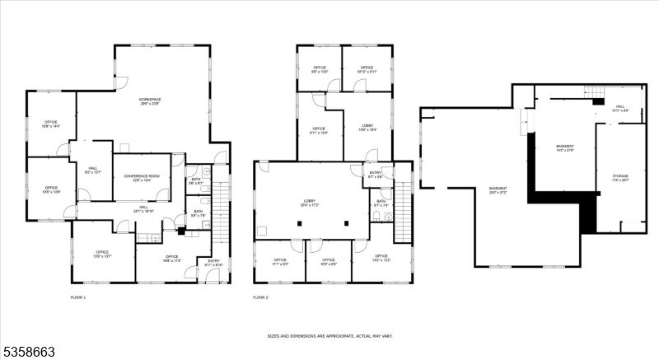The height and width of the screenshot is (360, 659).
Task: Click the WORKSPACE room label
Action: click(148, 101)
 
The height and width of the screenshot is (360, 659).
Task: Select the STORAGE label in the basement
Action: click(619, 177)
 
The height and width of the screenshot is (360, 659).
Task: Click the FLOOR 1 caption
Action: click(77, 297)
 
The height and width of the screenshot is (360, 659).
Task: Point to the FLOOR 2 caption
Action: click(260, 297)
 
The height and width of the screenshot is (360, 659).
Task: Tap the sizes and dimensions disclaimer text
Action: click(330, 336)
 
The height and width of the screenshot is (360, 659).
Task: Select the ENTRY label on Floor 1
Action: click(213, 262)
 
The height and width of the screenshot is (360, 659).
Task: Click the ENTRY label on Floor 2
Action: click(376, 174)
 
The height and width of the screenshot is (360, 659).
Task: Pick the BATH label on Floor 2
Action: click(381, 203)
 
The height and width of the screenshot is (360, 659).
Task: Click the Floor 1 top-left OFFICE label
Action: click(50, 124)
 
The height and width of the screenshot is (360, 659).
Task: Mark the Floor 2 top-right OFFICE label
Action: click(367, 69)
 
